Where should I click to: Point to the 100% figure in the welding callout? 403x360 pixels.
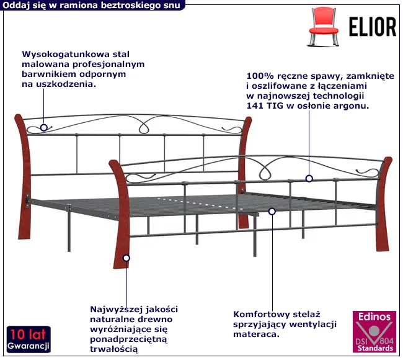260,75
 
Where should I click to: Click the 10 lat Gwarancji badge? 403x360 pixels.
29,338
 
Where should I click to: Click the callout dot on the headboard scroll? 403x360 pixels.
43,128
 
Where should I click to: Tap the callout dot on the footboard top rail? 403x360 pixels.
309,179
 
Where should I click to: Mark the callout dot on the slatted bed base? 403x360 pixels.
272,211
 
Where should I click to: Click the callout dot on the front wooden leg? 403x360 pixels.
126,258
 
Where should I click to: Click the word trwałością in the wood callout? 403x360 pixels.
114,351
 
